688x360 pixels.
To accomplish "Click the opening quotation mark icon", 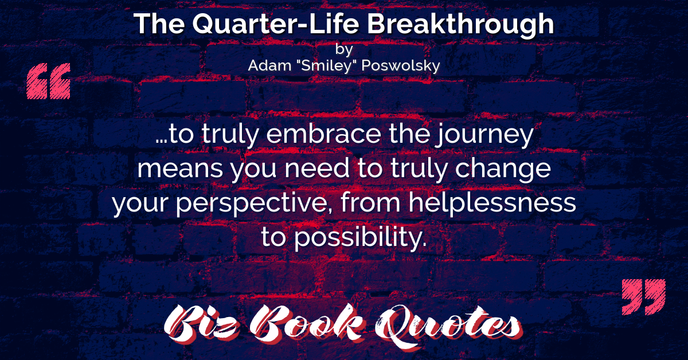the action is [x=48, y=81].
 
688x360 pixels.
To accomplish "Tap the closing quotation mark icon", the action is [x=644, y=297].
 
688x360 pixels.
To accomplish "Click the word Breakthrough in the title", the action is [x=460, y=25].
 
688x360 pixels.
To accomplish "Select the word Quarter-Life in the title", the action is [x=276, y=24].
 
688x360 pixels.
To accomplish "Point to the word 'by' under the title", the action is [x=344, y=49].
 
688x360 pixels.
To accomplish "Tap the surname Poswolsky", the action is [x=401, y=66].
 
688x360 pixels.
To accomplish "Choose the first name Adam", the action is [x=269, y=65].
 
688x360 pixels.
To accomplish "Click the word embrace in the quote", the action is [x=323, y=134].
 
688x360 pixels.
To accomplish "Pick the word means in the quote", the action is [x=180, y=169].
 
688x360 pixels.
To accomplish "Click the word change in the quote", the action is [x=503, y=169].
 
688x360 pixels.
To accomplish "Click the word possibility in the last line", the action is [x=361, y=237].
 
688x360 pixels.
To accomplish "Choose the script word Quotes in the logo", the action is [x=448, y=326].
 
